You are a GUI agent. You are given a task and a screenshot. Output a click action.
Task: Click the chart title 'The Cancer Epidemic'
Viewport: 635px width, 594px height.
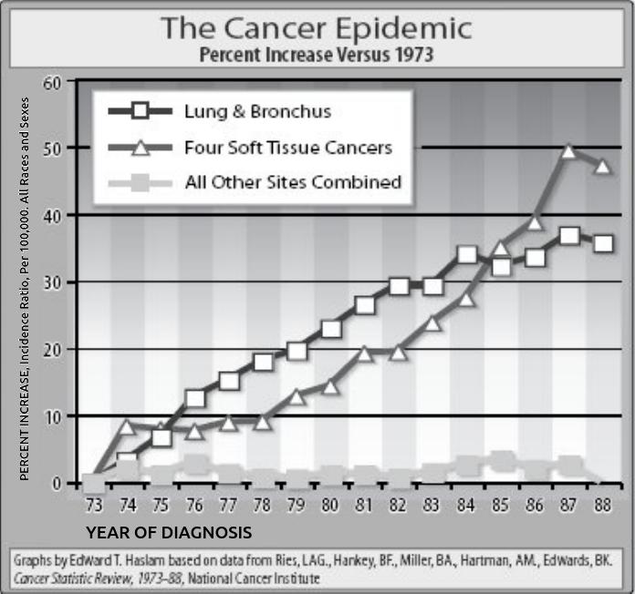click(317, 27)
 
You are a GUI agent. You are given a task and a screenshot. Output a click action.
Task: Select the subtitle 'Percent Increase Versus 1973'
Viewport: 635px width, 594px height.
click(317, 54)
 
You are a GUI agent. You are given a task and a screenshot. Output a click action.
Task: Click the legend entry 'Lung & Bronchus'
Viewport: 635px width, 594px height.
click(257, 112)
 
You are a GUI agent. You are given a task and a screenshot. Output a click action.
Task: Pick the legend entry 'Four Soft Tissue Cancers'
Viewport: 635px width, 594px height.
click(287, 147)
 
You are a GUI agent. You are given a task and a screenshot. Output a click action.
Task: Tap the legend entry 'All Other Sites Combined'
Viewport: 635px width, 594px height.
click(293, 181)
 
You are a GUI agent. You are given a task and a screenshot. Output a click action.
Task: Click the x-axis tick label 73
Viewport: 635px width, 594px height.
click(92, 505)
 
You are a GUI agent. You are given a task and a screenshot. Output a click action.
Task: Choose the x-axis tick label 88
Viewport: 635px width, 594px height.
click(600, 505)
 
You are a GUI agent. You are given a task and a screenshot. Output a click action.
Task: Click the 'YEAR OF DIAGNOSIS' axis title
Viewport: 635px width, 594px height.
click(169, 530)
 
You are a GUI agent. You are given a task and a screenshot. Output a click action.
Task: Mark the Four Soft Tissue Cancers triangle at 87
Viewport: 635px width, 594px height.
click(569, 151)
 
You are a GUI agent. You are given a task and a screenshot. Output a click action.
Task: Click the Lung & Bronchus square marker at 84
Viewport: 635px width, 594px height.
click(467, 253)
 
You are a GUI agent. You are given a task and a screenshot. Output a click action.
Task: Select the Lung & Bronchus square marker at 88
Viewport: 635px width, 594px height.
click(602, 244)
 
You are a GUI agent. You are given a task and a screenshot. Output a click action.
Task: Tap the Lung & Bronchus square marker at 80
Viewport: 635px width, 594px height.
click(331, 329)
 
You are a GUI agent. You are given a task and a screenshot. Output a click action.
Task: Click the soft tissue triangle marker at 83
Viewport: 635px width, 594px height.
click(433, 323)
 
